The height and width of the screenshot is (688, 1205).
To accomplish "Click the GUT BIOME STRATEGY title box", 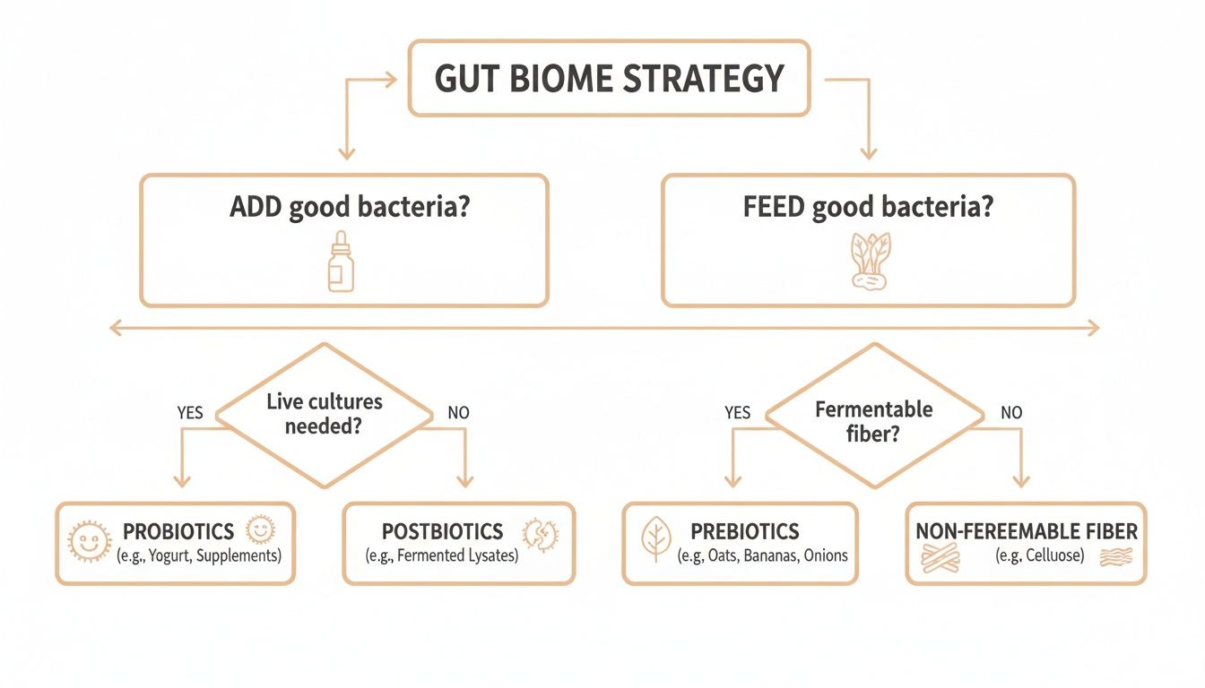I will point(609,78).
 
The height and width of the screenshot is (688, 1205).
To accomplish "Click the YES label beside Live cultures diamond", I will point(189,413).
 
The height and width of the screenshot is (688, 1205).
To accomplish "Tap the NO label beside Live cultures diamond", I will point(457,413).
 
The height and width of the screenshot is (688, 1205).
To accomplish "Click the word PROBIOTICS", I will point(178,531).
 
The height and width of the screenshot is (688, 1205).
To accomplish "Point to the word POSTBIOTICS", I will point(442,531).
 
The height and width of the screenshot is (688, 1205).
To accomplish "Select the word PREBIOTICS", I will point(744,531).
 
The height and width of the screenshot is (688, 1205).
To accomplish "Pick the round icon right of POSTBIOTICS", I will point(534,535).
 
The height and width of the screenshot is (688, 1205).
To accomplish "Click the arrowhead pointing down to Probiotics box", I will point(182,482).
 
